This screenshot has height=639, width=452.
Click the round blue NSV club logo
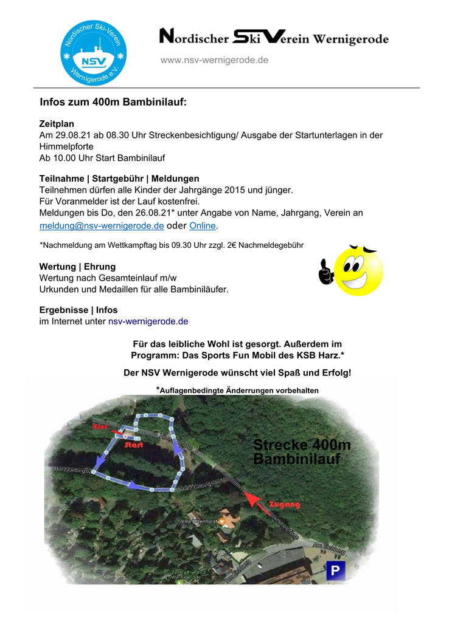(x=93, y=52)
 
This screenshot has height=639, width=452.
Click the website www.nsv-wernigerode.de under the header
(x=214, y=60)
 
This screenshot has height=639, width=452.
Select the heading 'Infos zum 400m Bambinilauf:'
(x=113, y=102)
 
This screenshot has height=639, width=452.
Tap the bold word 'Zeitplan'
(x=57, y=124)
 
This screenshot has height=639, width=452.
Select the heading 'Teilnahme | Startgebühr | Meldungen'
(x=119, y=179)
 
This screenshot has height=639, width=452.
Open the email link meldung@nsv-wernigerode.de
(x=102, y=226)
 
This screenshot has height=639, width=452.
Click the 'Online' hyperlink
(x=203, y=226)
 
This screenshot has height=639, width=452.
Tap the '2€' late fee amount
(x=229, y=245)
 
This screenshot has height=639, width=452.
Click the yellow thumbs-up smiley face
(x=352, y=271)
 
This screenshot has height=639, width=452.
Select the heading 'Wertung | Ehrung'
(x=77, y=267)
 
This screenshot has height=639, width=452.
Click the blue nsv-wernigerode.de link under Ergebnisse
(x=148, y=321)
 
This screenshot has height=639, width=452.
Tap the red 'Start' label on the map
(x=133, y=445)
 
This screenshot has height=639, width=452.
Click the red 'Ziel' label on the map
(x=100, y=428)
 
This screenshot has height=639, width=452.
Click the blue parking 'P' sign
(x=335, y=570)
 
